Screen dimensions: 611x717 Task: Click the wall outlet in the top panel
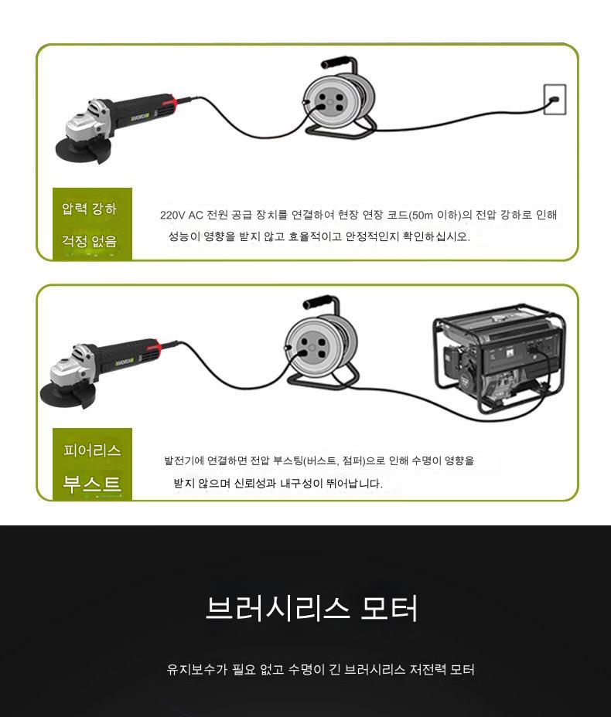click(x=555, y=100)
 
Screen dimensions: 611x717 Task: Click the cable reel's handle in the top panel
click(x=336, y=62)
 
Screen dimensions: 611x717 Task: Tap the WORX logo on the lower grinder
click(x=124, y=362)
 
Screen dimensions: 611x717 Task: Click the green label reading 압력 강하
click(x=90, y=209)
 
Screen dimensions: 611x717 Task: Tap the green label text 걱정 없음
click(x=90, y=241)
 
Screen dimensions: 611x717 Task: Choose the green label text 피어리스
click(x=93, y=450)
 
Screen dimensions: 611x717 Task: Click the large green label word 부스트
click(x=93, y=484)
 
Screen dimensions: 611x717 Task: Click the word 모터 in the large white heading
click(x=390, y=608)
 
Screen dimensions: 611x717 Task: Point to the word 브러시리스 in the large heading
click(x=278, y=608)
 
